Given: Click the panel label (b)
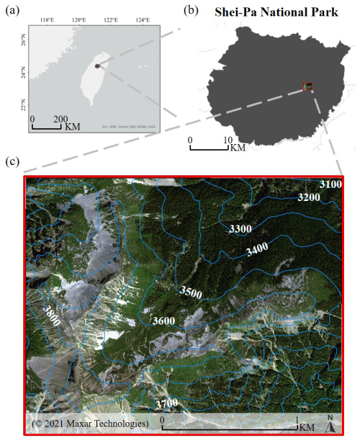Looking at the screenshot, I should click(x=191, y=11).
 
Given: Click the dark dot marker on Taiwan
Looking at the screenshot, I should click(x=97, y=66).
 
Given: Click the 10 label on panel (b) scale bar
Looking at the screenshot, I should click(x=228, y=140).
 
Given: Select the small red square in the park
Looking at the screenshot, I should click(x=307, y=86).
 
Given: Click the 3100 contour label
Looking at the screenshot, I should click(x=330, y=185).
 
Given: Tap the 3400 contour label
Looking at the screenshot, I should click(x=258, y=251).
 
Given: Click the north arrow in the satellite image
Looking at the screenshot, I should click(x=330, y=424).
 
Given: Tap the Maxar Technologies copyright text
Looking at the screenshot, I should click(x=89, y=421).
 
